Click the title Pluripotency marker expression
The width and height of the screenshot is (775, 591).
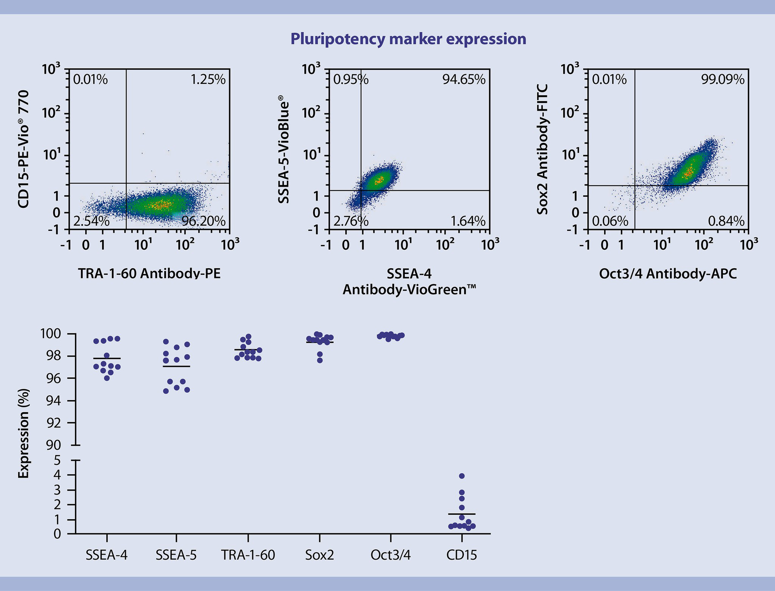click(408, 39)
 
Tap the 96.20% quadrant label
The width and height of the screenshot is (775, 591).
click(203, 221)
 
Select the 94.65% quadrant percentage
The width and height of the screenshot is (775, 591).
click(464, 79)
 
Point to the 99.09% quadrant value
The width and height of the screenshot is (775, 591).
click(723, 79)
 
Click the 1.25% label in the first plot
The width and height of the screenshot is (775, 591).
click(208, 79)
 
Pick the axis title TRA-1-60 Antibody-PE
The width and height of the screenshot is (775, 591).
click(149, 274)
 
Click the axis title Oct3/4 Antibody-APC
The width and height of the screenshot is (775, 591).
click(668, 274)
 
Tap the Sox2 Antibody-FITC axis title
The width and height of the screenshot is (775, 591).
click(542, 149)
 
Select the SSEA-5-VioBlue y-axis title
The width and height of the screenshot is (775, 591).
click(284, 149)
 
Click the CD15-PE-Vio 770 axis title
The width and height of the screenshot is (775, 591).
click(24, 149)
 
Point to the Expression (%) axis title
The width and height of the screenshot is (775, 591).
click(24, 434)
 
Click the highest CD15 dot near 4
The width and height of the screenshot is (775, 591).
click(462, 476)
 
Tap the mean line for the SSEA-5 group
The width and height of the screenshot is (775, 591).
click(176, 366)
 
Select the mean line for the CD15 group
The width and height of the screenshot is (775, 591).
click(462, 514)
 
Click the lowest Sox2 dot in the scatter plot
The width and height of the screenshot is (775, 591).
click(320, 360)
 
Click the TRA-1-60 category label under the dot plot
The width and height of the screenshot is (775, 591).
click(248, 555)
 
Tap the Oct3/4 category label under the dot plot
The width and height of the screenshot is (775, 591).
click(390, 555)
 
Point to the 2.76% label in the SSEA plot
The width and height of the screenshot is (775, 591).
click(350, 221)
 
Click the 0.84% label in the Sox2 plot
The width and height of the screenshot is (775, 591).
click(726, 221)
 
